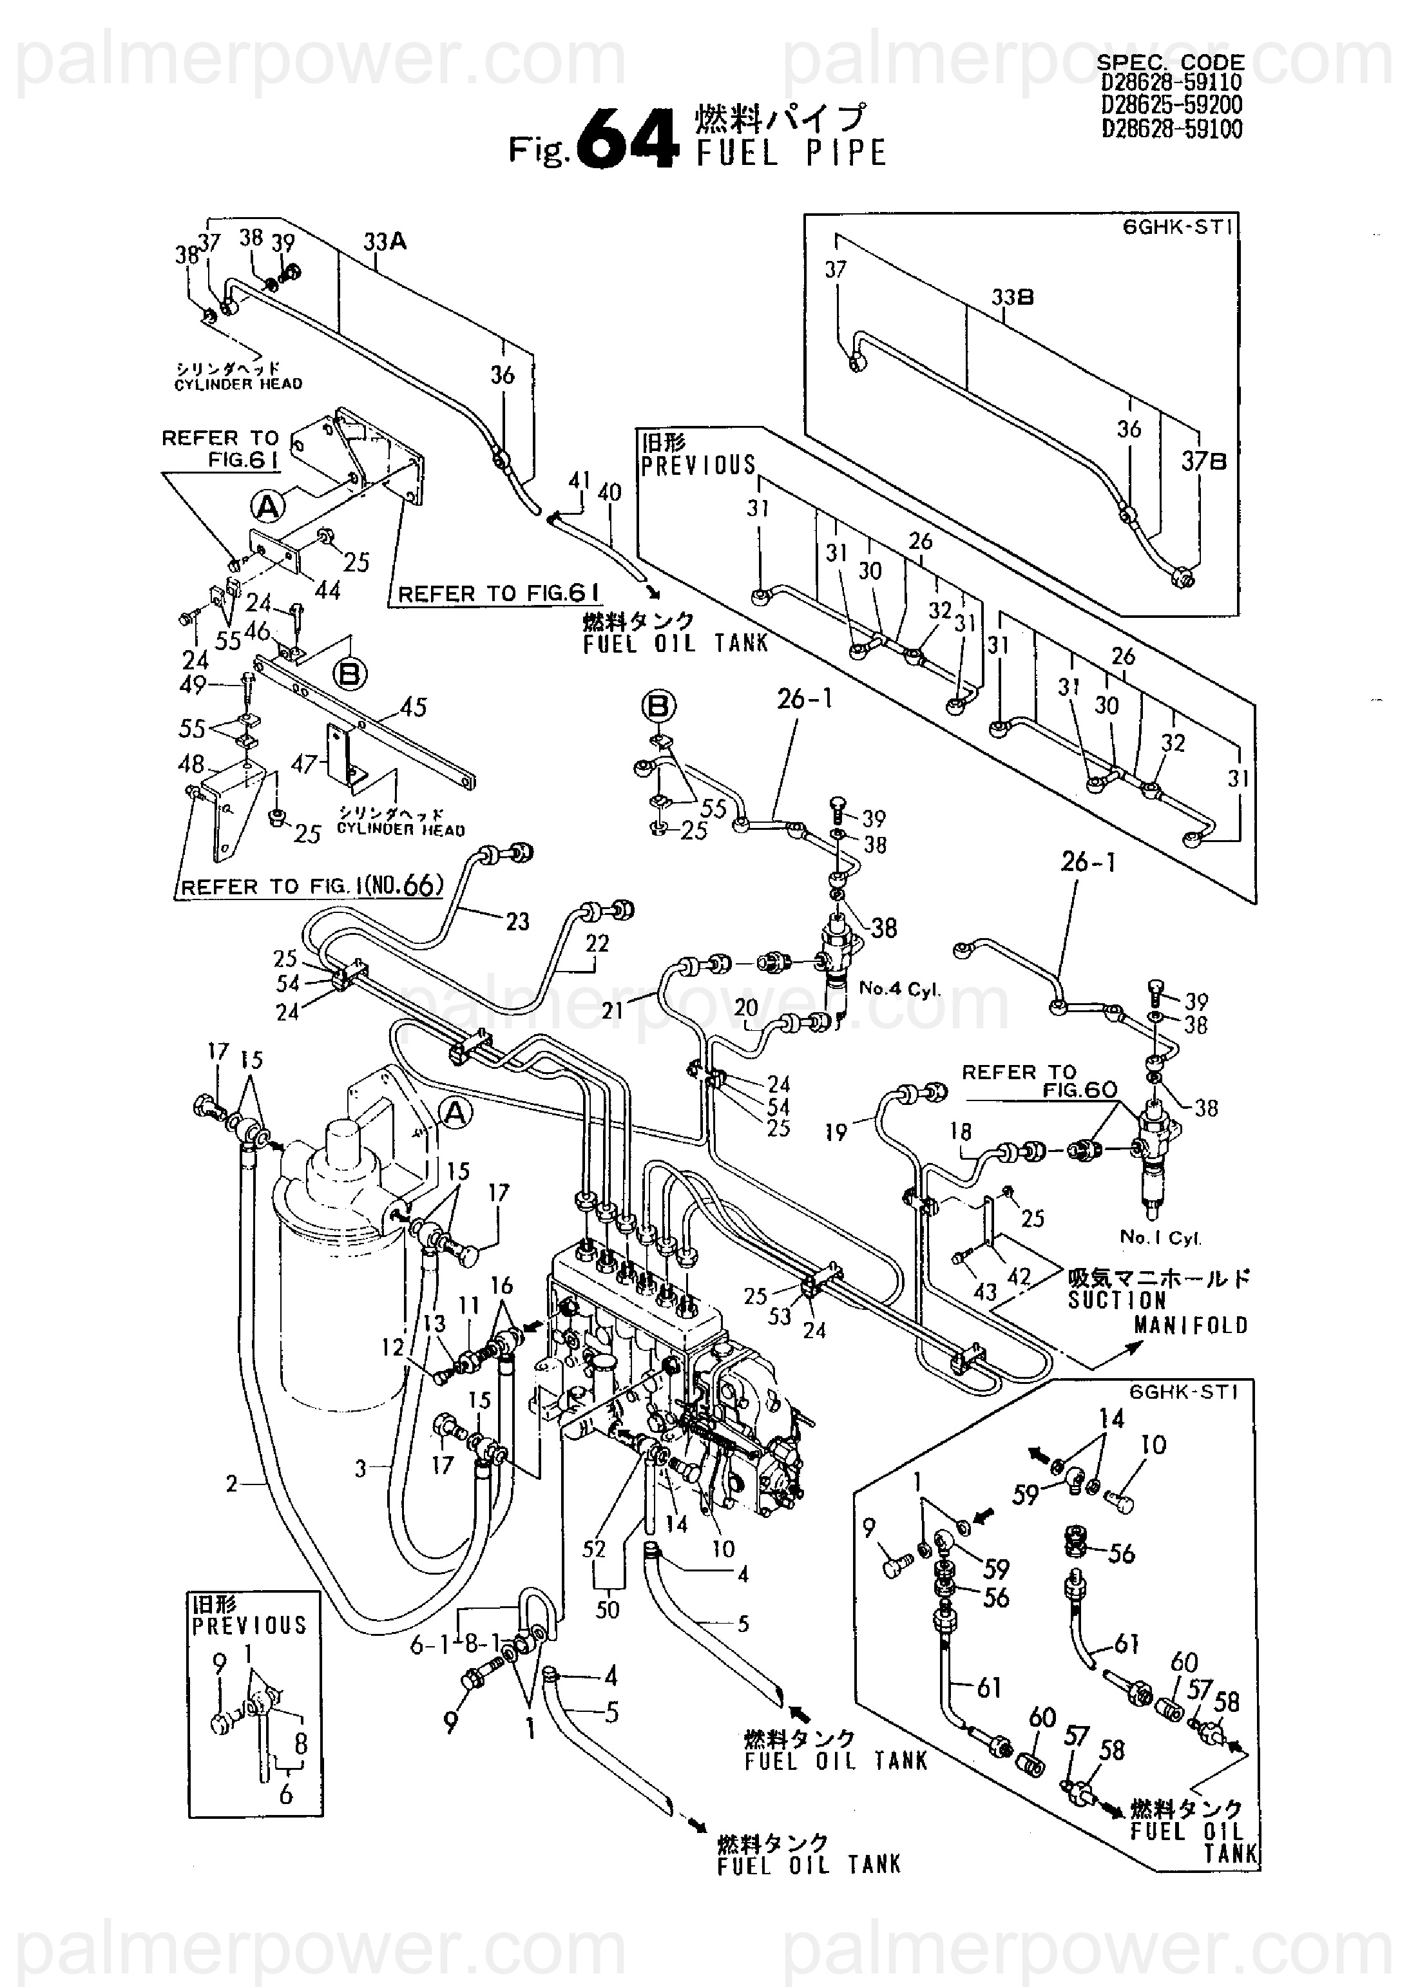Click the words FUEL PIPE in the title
click(791, 153)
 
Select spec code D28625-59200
click(1172, 106)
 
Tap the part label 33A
click(385, 242)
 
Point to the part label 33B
click(1013, 298)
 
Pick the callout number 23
click(518, 921)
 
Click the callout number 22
click(597, 943)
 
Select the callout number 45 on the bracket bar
click(414, 707)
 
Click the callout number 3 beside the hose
click(361, 1468)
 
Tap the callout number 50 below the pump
click(608, 1609)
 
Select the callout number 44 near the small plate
click(328, 591)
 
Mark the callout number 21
click(613, 1010)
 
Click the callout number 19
click(836, 1131)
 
